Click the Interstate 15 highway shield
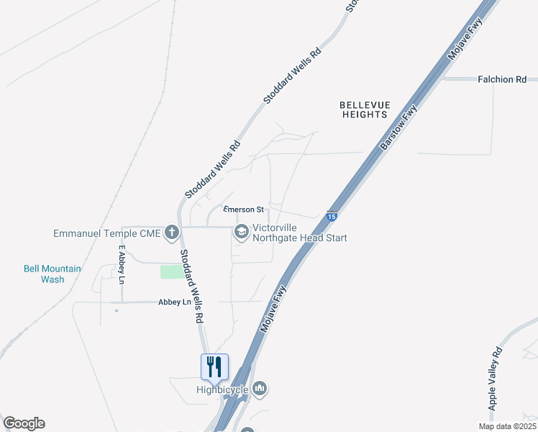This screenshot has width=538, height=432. [332, 215]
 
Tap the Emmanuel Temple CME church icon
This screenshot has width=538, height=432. [171, 232]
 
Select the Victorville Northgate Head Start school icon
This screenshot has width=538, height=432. [241, 232]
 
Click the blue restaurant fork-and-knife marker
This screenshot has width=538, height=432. [214, 366]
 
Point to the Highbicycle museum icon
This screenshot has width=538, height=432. [260, 390]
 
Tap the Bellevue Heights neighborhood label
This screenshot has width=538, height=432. [363, 109]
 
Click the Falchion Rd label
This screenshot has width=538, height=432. [502, 79]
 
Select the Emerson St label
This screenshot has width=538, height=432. [239, 210]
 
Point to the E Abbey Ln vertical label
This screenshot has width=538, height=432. [122, 265]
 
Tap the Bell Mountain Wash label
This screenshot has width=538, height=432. [53, 274]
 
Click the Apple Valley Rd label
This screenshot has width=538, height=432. [495, 379]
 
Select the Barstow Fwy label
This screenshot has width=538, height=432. [399, 127]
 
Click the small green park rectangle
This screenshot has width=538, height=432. [171, 271]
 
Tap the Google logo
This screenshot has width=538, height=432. [24, 423]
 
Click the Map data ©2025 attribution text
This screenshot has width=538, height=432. [506, 426]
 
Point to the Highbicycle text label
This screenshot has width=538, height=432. [222, 390]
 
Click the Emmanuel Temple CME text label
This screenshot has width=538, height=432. [106, 233]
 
